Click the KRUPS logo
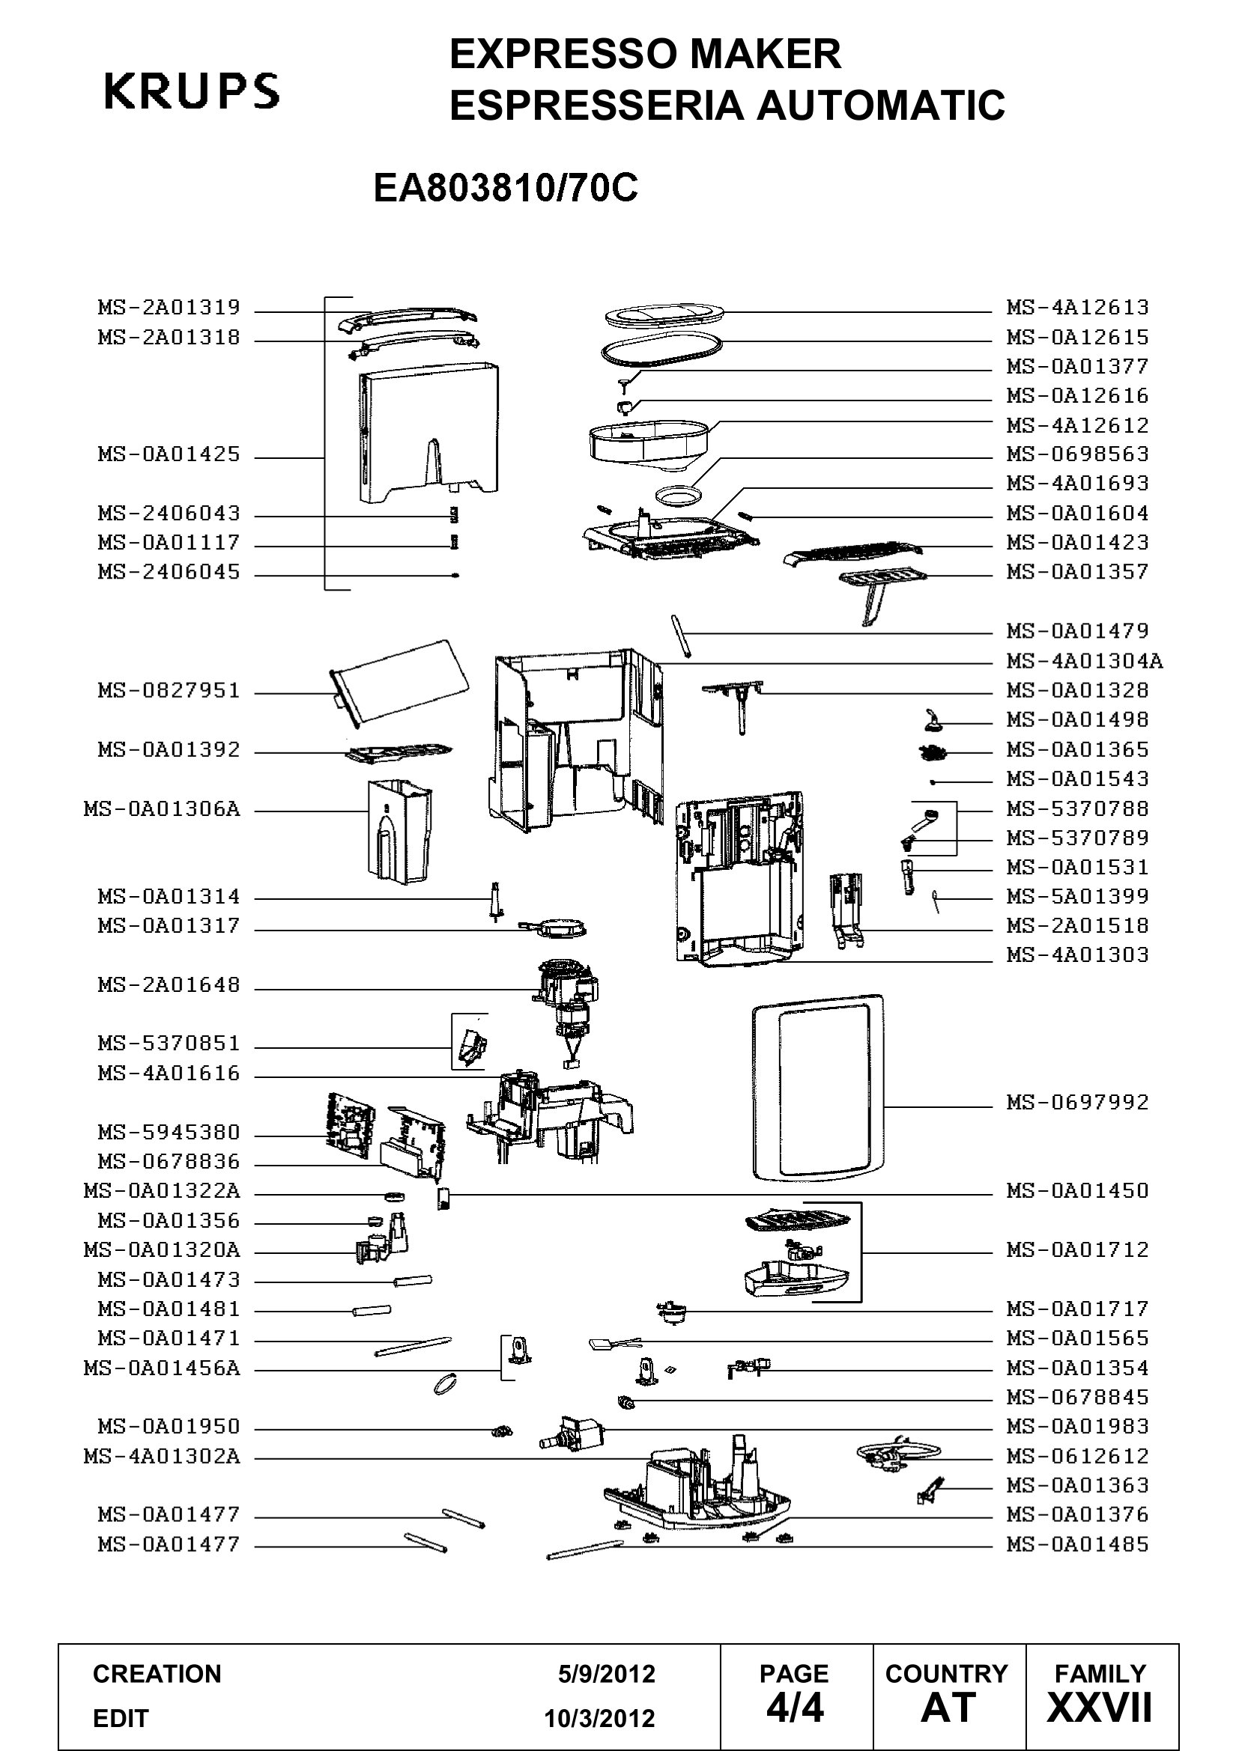(192, 91)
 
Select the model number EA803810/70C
(505, 189)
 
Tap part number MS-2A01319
(169, 308)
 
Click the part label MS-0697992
(1077, 1102)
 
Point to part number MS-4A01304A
(1084, 660)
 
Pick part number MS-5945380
(169, 1132)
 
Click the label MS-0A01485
(1077, 1544)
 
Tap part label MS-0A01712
(1077, 1249)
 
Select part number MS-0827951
(169, 690)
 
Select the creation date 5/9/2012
(606, 1674)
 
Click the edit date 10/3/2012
(599, 1719)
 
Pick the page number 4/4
(795, 1708)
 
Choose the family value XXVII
(1100, 1708)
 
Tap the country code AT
(948, 1708)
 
